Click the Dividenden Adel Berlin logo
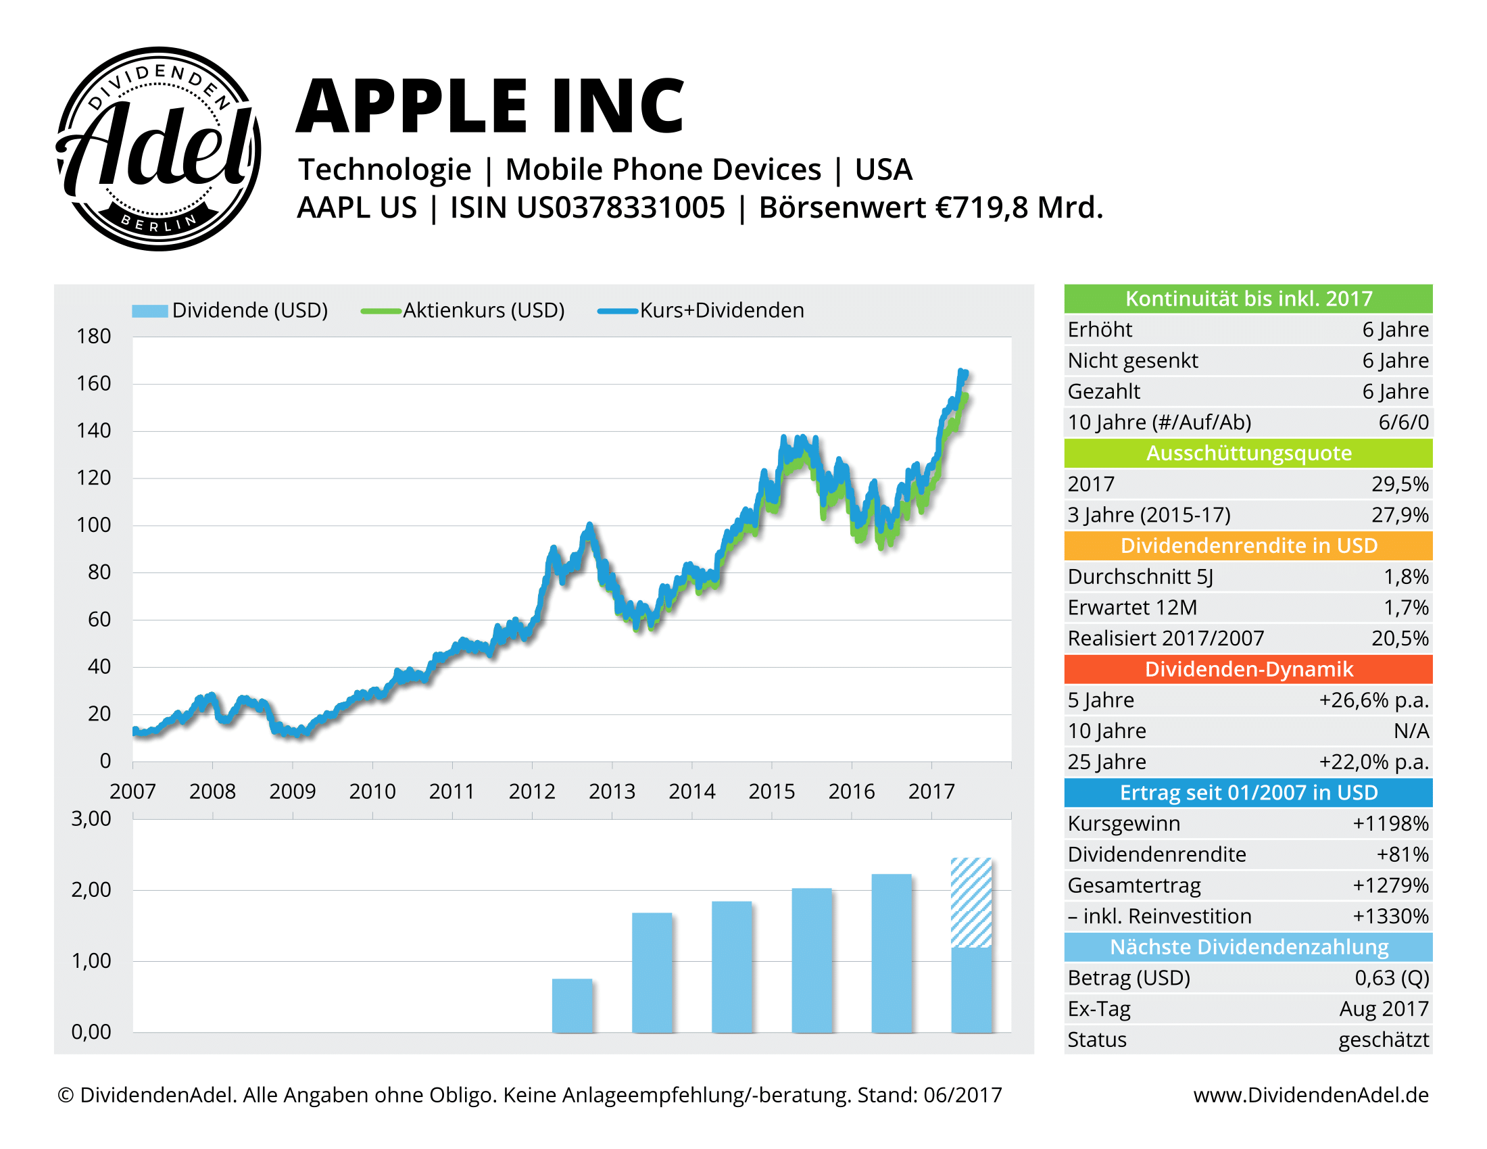(158, 149)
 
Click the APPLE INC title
(490, 107)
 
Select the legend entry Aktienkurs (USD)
(483, 310)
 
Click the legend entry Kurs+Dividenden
(721, 310)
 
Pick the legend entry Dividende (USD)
(249, 310)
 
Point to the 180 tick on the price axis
(93, 337)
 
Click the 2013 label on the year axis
(612, 791)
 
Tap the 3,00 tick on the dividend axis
(91, 818)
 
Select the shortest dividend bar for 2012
(572, 1006)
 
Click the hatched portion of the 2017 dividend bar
(971, 902)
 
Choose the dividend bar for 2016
(892, 953)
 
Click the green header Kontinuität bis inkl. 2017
(1248, 299)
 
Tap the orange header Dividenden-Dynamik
(1248, 669)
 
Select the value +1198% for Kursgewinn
(1390, 824)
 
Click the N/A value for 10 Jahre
(1411, 731)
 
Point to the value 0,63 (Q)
(1391, 978)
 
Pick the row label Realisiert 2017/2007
(1165, 639)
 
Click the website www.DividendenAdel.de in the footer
(1311, 1094)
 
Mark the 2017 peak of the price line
(961, 372)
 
